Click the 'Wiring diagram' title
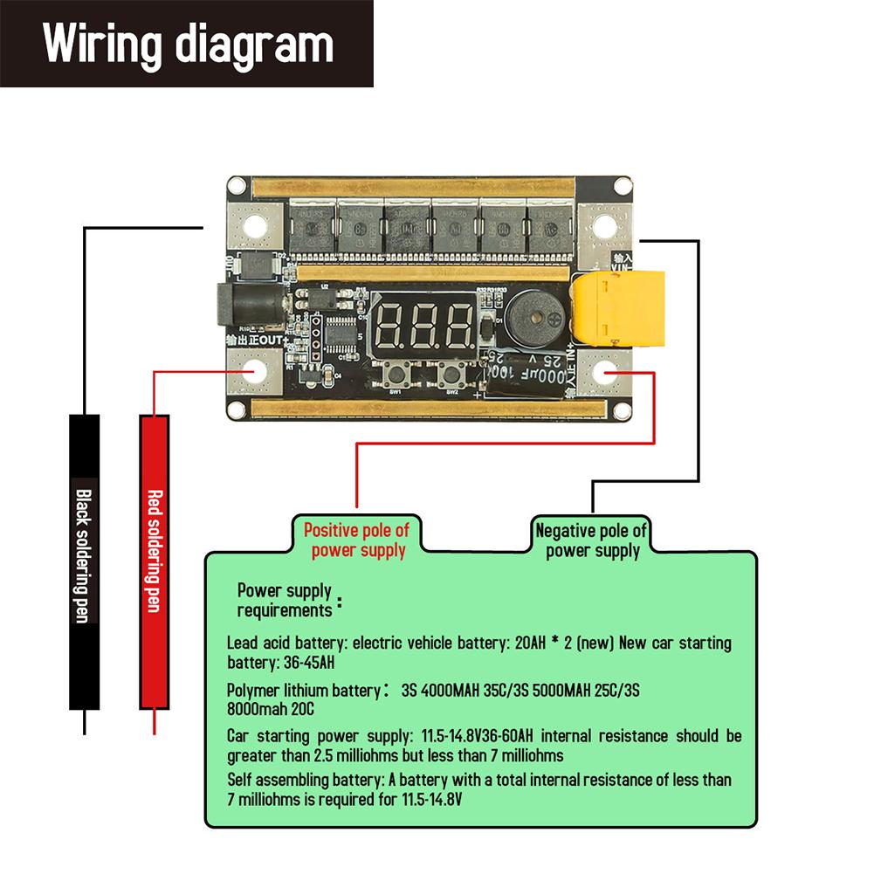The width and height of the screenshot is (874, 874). click(188, 44)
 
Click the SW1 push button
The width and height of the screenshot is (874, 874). click(395, 378)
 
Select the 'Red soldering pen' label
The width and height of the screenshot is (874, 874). click(154, 550)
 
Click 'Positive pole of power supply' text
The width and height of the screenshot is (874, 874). click(356, 540)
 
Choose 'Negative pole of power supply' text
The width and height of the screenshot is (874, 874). click(592, 540)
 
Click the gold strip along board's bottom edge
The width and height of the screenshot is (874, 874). click(428, 407)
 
